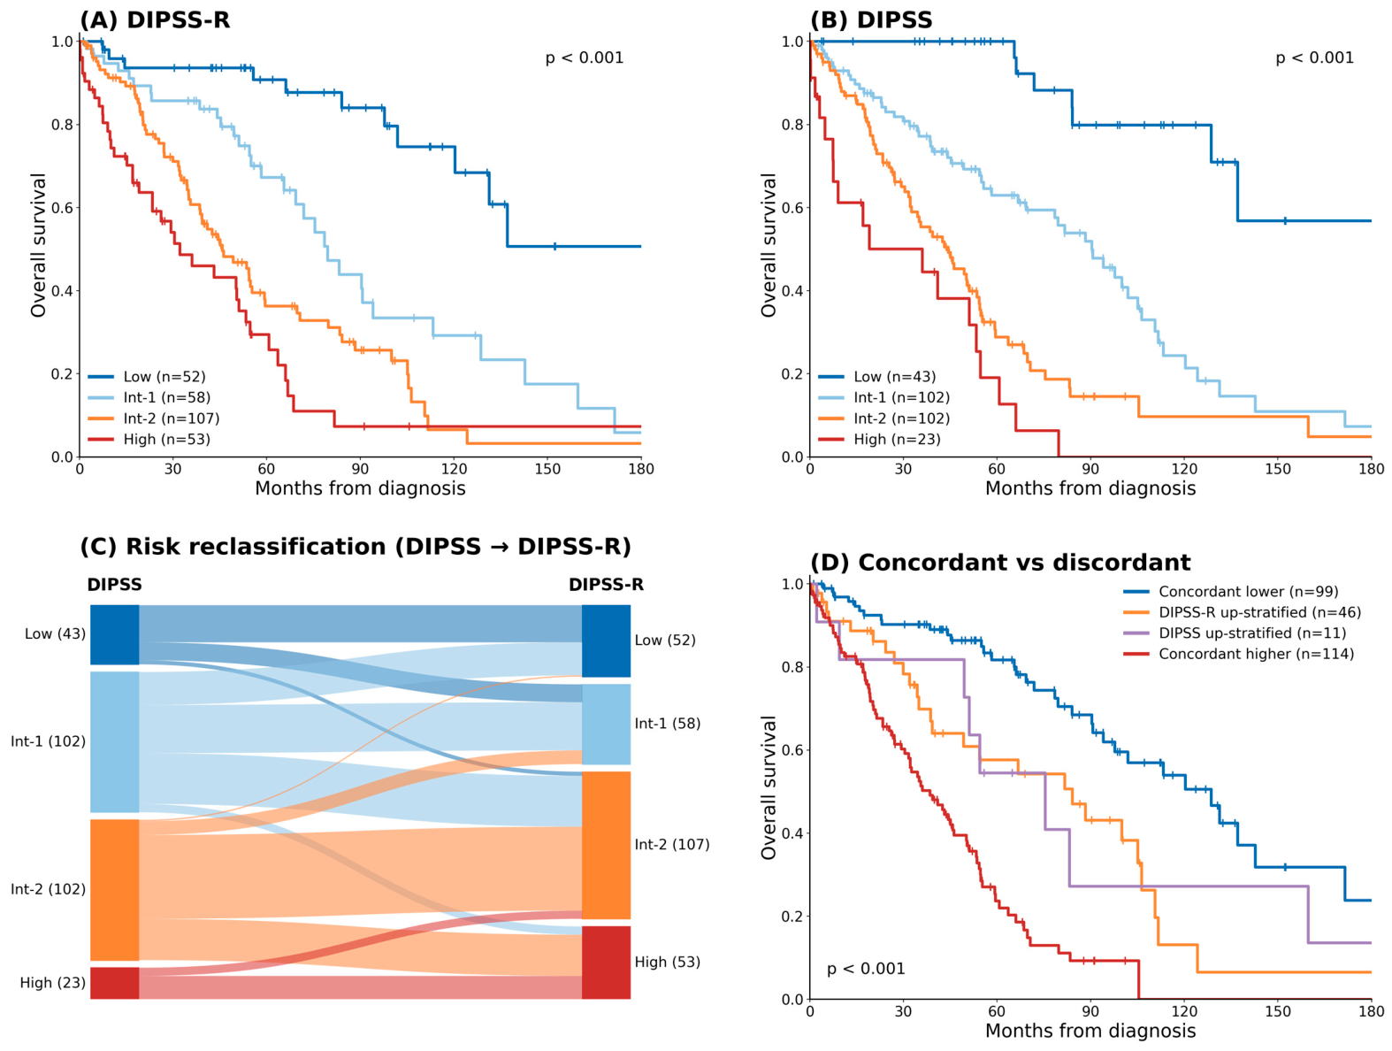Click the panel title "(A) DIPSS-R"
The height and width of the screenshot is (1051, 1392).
coord(154,19)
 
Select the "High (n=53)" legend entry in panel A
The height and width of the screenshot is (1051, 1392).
coord(149,438)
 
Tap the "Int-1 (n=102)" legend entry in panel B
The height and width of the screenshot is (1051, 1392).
coord(883,396)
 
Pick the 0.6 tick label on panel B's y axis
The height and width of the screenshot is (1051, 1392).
coord(792,207)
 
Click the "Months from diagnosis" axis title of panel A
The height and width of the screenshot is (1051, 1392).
coord(359,487)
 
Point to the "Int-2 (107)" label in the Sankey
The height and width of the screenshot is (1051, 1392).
coord(671,843)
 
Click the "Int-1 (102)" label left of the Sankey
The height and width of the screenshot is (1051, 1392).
coord(48,740)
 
